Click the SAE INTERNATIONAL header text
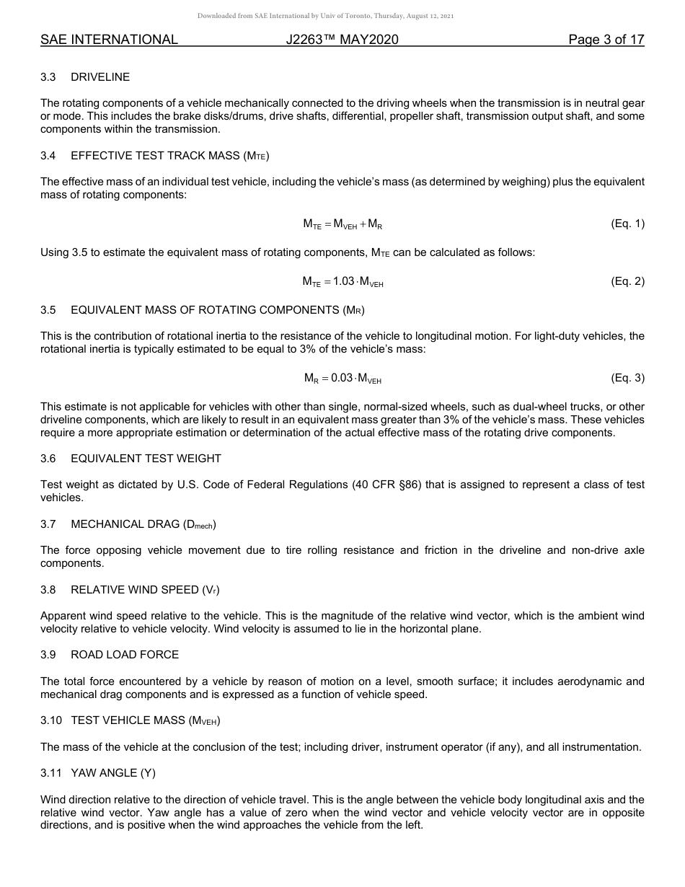(109, 40)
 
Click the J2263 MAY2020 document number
(342, 40)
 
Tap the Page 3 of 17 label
(606, 40)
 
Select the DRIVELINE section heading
(100, 77)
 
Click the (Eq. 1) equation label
(627, 224)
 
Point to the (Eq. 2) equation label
(627, 281)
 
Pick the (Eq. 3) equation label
(627, 378)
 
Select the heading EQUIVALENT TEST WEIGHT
(146, 459)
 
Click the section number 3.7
(48, 524)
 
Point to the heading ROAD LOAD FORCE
(125, 655)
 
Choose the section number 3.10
(50, 720)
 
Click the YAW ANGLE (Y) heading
(113, 773)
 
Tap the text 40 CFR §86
(388, 485)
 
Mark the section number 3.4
(48, 156)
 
